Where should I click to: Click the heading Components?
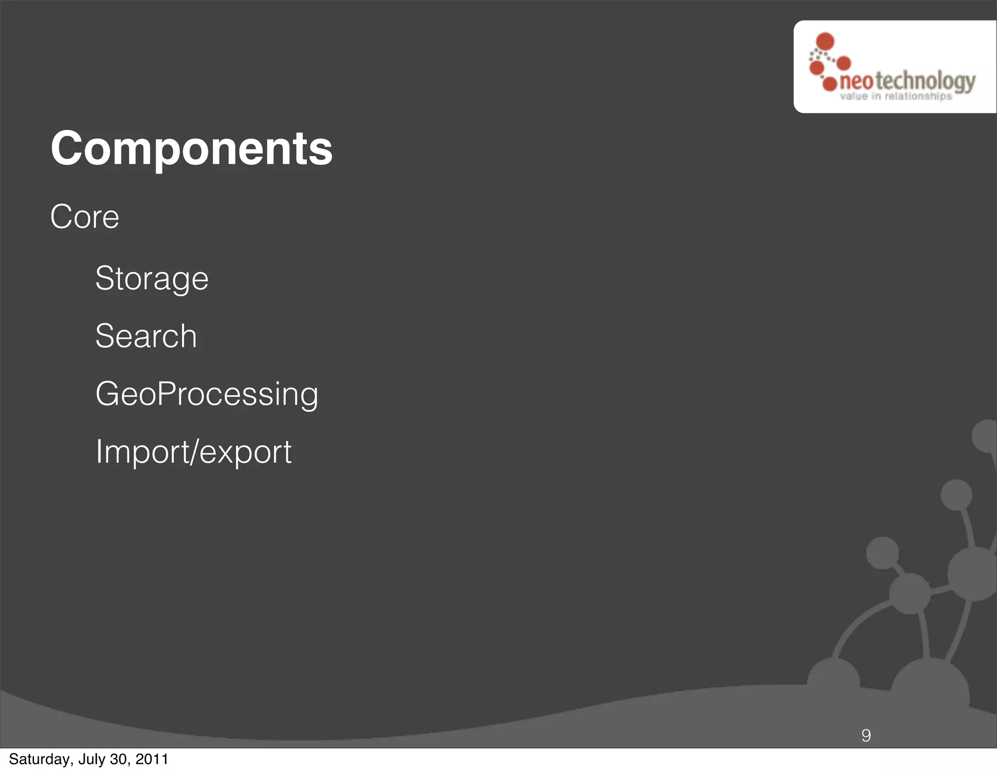click(x=191, y=148)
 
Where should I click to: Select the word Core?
click(x=85, y=217)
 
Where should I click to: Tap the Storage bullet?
click(x=152, y=278)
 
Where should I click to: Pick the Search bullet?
click(x=146, y=336)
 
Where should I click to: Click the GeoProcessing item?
click(x=207, y=394)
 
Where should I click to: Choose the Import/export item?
click(x=193, y=452)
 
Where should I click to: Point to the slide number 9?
click(x=866, y=735)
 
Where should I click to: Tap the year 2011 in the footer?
click(x=152, y=759)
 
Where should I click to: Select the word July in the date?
click(x=92, y=759)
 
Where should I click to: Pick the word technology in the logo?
click(x=925, y=81)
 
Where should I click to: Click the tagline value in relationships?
click(x=896, y=96)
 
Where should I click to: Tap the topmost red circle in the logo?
click(x=825, y=41)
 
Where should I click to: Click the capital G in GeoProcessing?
click(x=107, y=394)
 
